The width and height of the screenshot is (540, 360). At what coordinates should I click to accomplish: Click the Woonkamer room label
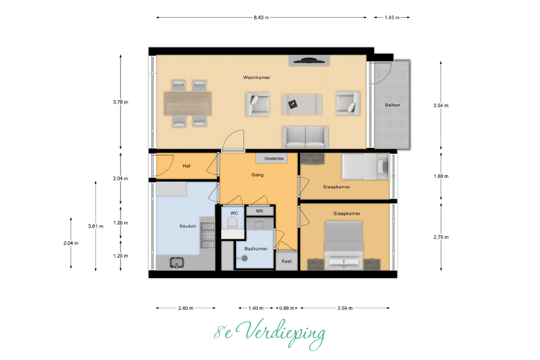pos(256,77)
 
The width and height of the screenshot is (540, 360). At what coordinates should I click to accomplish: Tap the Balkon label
pos(392,105)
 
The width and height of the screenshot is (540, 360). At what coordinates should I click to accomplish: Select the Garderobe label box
pos(272,158)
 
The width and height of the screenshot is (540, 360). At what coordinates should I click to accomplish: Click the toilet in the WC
pos(233,223)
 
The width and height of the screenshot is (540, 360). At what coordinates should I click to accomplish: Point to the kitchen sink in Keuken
pos(177,263)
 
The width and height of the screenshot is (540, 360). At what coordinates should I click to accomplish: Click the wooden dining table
pos(188,104)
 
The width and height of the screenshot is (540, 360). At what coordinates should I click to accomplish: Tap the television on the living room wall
pos(309,61)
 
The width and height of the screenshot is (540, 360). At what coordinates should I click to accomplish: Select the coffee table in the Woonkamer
pos(302,104)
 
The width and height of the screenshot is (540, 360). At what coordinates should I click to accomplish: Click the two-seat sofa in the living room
pos(305,137)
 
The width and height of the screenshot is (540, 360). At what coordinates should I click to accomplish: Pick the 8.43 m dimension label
pos(261,18)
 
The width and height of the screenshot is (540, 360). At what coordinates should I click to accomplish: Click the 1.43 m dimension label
pos(392,18)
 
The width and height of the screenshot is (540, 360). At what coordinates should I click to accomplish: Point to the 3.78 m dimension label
pos(120,102)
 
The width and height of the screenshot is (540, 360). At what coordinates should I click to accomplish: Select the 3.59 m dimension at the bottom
pos(345,308)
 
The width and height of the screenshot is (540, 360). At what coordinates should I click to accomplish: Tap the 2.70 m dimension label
pos(441,237)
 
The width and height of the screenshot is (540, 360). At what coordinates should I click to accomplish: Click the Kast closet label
pos(287,261)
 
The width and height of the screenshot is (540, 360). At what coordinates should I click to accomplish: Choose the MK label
pos(260,211)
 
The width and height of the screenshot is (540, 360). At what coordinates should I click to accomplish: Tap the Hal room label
pos(187,166)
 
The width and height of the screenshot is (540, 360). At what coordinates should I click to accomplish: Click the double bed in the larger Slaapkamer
pos(343,245)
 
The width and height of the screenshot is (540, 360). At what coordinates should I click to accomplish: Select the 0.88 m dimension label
pos(287,308)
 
